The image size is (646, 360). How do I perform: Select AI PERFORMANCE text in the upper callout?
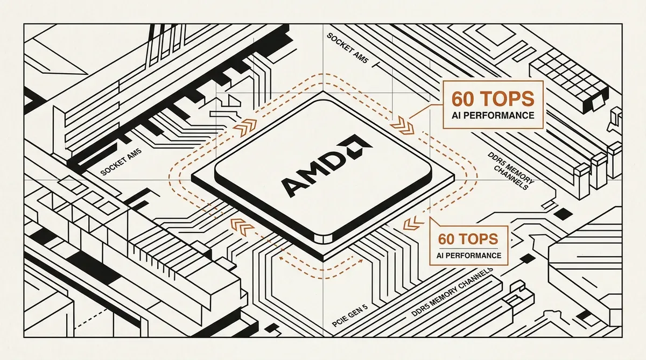(x=493, y=116)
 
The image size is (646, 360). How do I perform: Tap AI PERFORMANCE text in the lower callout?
(x=469, y=256)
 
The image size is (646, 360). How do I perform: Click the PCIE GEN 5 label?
(x=350, y=316)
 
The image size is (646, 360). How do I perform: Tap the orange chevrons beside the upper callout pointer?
(x=402, y=126)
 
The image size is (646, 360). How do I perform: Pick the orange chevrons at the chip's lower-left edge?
(x=242, y=226)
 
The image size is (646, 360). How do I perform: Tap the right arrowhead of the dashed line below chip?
(x=361, y=261)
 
